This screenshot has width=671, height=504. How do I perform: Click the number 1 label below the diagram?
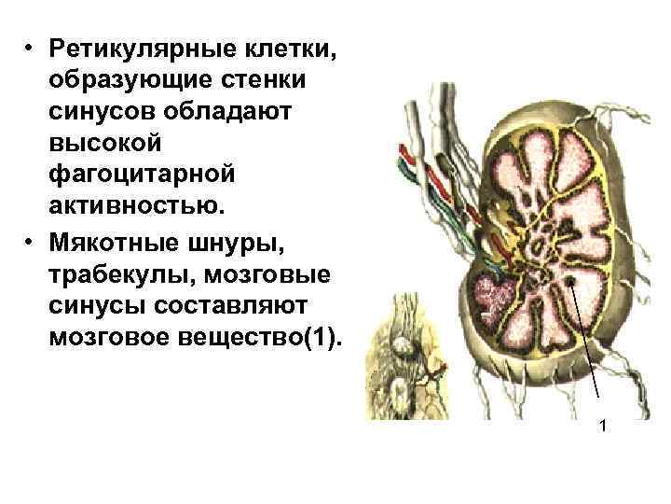click(x=603, y=427)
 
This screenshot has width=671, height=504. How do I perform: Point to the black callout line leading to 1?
click(x=587, y=345)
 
